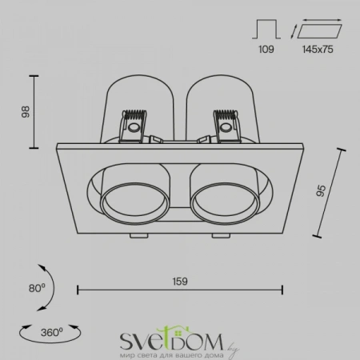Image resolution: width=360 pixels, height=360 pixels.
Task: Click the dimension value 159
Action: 180,281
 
